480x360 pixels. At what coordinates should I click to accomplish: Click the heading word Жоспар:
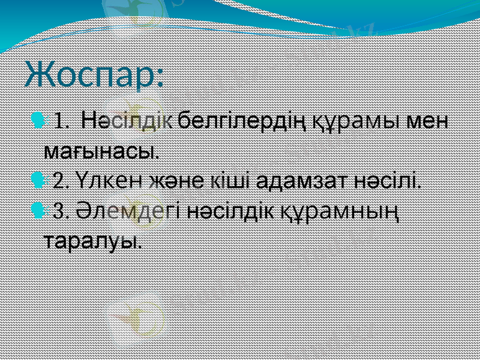95,74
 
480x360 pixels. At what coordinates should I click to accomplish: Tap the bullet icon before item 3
39,211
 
